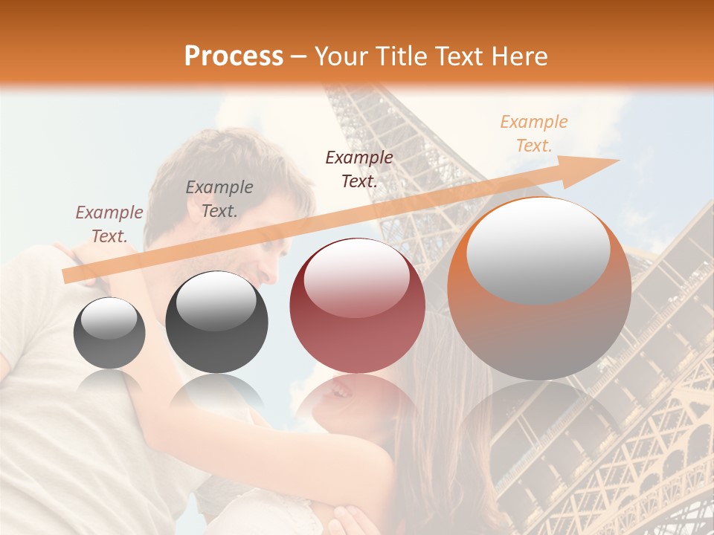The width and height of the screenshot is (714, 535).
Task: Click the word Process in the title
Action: pos(234,56)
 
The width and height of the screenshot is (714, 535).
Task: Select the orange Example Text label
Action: pos(533,134)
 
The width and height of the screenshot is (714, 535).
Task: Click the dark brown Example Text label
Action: pos(359,169)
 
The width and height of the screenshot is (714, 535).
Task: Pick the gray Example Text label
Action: pos(219,198)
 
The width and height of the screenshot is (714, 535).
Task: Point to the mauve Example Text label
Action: pos(109,224)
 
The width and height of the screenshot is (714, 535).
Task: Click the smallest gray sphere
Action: pos(109,333)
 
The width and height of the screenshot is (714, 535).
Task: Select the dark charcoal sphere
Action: pos(216,322)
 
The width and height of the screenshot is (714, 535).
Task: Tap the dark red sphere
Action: pos(357,305)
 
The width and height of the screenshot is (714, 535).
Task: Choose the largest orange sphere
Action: pos(539,290)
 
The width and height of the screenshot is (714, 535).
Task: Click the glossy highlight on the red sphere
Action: pos(356,276)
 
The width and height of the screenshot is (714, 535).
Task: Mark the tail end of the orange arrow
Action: pos(67,276)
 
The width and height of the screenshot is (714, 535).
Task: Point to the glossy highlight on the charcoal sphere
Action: pos(216,299)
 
